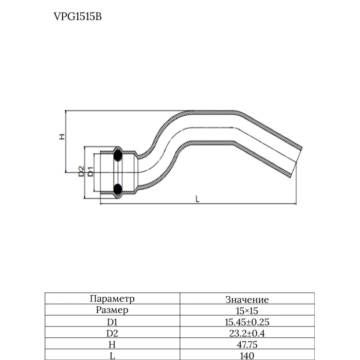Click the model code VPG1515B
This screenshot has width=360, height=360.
point(78,16)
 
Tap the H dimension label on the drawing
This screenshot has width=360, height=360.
point(62,137)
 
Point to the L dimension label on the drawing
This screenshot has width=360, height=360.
point(197,199)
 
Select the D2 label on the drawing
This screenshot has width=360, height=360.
point(81,171)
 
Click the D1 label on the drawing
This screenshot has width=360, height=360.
point(91,172)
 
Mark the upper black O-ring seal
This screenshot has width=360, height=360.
point(118,155)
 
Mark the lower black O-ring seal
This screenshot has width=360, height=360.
point(118,189)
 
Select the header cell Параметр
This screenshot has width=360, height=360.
point(112,299)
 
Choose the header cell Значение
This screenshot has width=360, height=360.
point(247,300)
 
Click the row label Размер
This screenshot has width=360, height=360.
point(112,310)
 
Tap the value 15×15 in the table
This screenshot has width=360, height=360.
point(247,311)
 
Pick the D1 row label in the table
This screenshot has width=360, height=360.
point(112,322)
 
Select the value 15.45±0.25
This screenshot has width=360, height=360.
point(247,322)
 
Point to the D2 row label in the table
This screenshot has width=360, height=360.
point(112,333)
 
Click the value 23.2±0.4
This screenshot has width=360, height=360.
point(247,333)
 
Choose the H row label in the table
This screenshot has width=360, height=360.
point(112,345)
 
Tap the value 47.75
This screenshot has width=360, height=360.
point(247,345)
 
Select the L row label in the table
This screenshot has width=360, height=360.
point(112,356)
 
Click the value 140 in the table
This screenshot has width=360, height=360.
point(247,356)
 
